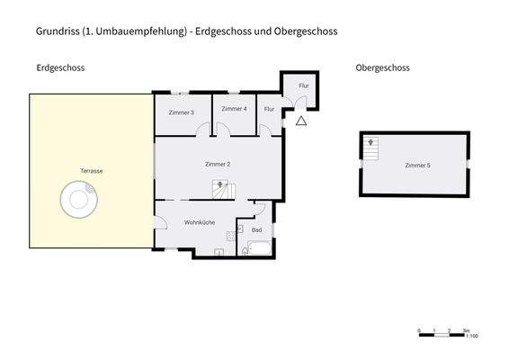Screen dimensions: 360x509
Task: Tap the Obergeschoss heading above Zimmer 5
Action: coord(383,67)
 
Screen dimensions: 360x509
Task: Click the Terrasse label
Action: coord(91,170)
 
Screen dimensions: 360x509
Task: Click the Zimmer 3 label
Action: coord(181,112)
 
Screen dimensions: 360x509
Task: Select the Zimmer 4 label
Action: coord(234,109)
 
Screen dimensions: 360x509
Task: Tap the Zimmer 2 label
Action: coord(218,164)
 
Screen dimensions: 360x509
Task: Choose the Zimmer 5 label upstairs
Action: coord(417,166)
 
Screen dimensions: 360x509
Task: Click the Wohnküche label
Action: coord(199,221)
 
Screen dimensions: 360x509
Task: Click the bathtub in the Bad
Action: coord(258,249)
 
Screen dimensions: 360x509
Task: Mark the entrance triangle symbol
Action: coord(301,120)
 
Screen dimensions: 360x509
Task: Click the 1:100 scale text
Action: coord(472,336)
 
